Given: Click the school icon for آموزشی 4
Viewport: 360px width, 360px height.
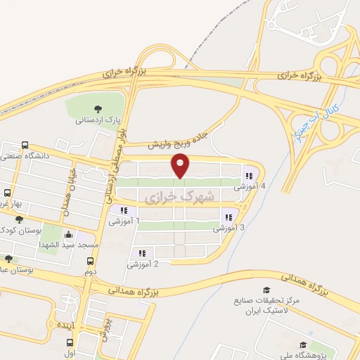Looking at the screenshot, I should [x=248, y=176].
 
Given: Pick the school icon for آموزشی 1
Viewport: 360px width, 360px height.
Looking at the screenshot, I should [x=123, y=210].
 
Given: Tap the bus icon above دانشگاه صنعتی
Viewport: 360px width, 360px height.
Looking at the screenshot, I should [x=26, y=145].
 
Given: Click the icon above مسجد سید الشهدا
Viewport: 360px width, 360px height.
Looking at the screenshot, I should [x=67, y=235].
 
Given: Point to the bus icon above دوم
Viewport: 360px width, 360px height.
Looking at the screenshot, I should [x=89, y=260].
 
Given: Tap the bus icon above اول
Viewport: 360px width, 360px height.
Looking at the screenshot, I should [x=69, y=342].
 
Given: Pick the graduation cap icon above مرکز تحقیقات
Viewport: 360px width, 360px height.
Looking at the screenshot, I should [x=266, y=290].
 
